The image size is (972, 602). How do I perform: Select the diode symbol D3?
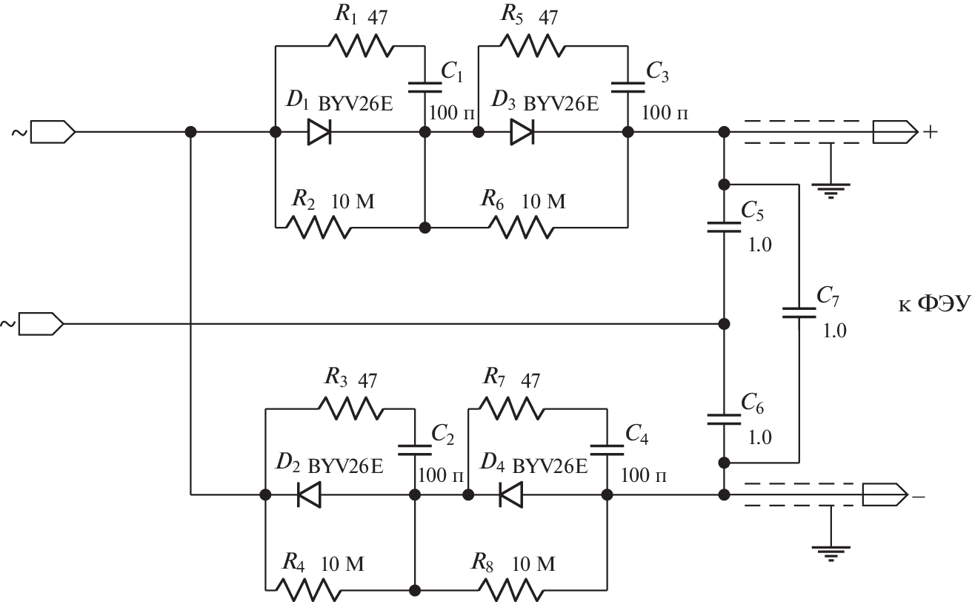click(x=522, y=132)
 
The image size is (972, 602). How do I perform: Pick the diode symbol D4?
click(x=510, y=494)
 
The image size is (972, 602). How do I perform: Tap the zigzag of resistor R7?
click(x=512, y=406)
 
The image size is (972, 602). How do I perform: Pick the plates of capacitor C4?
click(x=607, y=447)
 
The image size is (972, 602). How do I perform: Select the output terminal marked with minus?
click(x=884, y=494)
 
